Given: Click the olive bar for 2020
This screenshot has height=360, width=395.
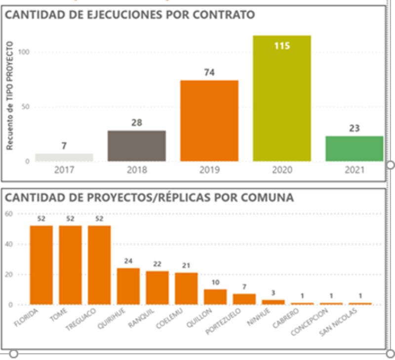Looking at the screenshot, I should click(282, 99).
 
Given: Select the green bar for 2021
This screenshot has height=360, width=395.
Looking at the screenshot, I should click(354, 149).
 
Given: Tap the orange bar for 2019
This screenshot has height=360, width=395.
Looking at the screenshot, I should click(209, 121).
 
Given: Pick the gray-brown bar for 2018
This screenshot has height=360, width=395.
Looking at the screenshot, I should click(137, 146).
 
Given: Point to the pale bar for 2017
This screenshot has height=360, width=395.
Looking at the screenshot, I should click(64, 157).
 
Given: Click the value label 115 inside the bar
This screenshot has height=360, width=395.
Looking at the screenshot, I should click(282, 46).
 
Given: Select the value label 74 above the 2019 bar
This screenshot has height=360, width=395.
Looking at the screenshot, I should click(209, 73).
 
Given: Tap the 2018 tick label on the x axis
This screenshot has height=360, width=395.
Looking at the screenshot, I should click(137, 170).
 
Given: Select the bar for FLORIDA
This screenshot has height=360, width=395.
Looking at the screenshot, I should click(41, 265).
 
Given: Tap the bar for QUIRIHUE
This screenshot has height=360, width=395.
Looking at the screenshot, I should click(128, 286).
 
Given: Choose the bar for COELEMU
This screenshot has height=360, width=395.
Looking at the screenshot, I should click(186, 288).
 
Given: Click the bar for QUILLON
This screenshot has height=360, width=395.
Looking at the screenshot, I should click(215, 297).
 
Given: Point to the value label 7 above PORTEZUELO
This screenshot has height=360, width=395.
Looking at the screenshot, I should click(244, 287).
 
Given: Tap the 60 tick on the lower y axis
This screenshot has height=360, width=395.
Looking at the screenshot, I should click(9, 214).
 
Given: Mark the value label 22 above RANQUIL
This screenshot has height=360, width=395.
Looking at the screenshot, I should click(157, 265).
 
